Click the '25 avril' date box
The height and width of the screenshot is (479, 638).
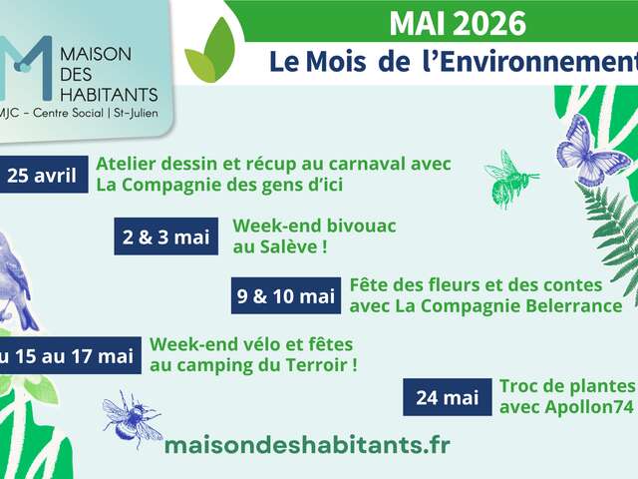[44, 175]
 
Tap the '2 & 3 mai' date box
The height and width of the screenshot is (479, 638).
[166, 237]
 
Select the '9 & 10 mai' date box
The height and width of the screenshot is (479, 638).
[286, 295]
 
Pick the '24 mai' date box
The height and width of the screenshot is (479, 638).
[448, 397]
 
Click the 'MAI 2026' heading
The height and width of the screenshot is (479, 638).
[458, 24]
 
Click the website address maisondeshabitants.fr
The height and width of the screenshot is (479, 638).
[307, 445]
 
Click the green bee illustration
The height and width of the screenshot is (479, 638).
[509, 180]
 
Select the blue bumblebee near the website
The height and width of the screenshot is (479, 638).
[131, 419]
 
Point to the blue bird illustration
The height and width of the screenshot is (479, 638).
[16, 281]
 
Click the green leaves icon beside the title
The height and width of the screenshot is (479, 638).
[210, 51]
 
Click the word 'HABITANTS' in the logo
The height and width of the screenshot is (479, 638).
[109, 95]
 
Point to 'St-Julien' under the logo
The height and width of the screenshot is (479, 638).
[136, 113]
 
